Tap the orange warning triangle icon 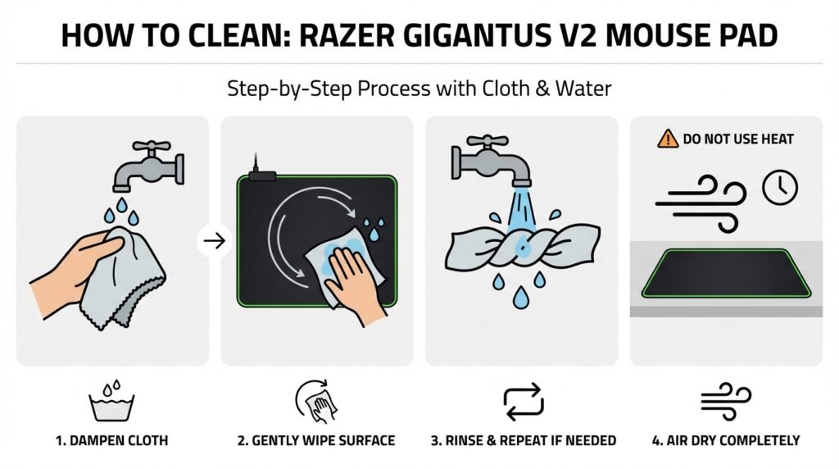click(668, 139)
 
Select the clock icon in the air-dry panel click(779, 187)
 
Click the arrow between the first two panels click(215, 242)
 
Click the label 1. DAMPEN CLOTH click(111, 441)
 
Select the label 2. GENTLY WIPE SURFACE click(316, 441)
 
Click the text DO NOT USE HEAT click(737, 139)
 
